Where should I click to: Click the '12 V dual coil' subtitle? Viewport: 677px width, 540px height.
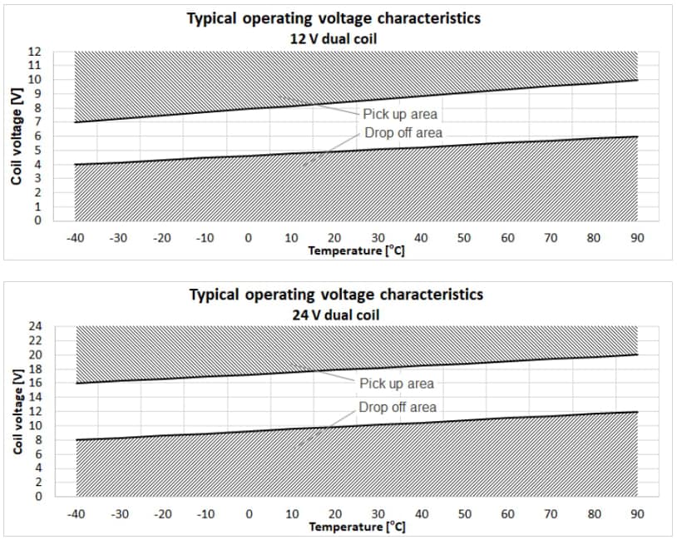point(334,37)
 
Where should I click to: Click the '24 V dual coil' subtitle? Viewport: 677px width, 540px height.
point(334,314)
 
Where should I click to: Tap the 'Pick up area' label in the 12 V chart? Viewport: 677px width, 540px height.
point(399,114)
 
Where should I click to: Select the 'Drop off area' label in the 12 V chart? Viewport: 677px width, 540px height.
point(403,133)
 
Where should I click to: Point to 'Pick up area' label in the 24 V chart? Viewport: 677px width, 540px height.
point(397,384)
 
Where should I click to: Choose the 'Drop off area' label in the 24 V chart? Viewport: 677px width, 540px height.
point(398,407)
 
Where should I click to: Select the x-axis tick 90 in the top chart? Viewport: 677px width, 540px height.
point(636,238)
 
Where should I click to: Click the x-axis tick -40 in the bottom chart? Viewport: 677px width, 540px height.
point(76,514)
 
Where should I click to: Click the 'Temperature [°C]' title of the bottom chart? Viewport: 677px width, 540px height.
point(357,526)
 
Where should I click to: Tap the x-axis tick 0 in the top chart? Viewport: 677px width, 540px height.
point(248,238)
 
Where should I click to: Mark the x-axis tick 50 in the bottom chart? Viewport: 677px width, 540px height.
point(464,514)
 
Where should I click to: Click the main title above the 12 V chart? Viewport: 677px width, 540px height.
point(334,18)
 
